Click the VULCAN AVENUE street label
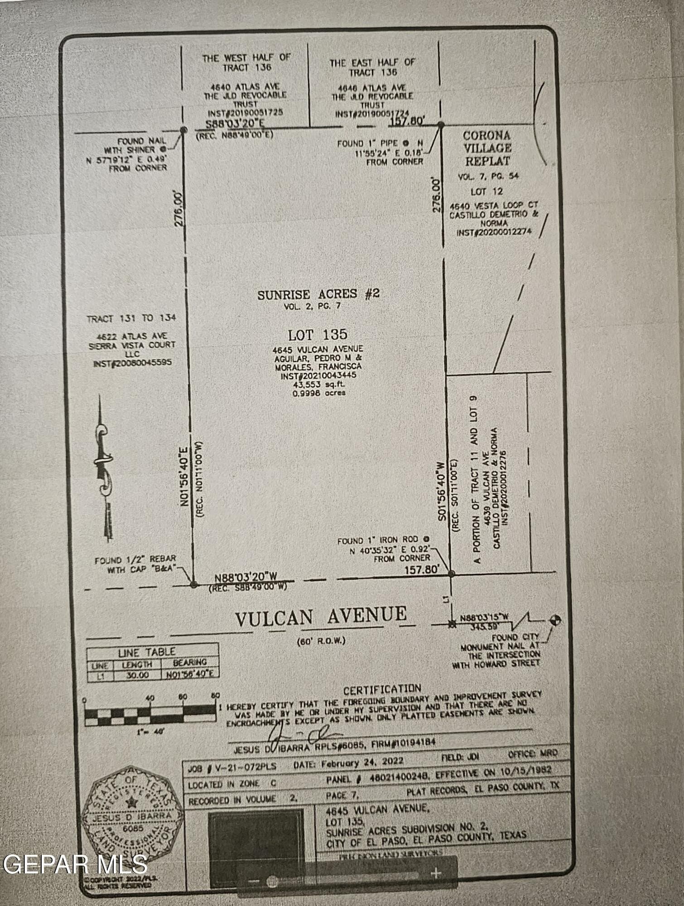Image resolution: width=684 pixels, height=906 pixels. pyautogui.click(x=321, y=616)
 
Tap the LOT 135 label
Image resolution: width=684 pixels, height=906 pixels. pyautogui.click(x=318, y=335)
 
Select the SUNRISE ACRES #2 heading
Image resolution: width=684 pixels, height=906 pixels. pyautogui.click(x=318, y=294)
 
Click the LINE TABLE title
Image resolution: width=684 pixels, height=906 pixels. pyautogui.click(x=146, y=652)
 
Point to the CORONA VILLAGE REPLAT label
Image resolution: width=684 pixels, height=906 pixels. pyautogui.click(x=487, y=148)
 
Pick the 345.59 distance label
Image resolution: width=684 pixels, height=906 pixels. pyautogui.click(x=485, y=627)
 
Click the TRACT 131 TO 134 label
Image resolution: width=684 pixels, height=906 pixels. pyautogui.click(x=131, y=318)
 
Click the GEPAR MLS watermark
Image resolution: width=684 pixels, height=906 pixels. pyautogui.click(x=75, y=865)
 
